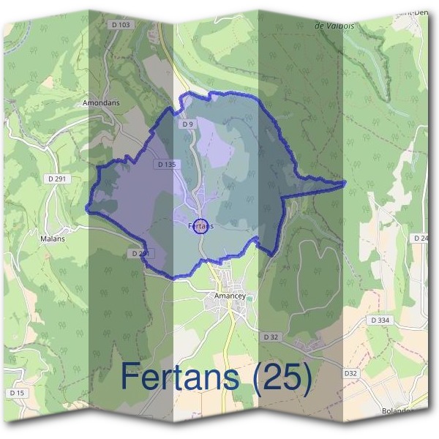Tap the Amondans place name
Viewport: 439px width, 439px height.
pos(101,104)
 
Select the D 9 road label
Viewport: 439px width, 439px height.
pos(187,124)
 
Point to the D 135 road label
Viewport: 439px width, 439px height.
pos(166,165)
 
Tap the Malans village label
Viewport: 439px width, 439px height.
pos(53,239)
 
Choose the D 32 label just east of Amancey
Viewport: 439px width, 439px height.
pos(271,337)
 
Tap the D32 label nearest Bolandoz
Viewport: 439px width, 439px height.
pos(350,373)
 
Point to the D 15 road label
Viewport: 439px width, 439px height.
pos(17,393)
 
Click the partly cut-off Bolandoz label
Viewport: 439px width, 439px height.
pos(399,411)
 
